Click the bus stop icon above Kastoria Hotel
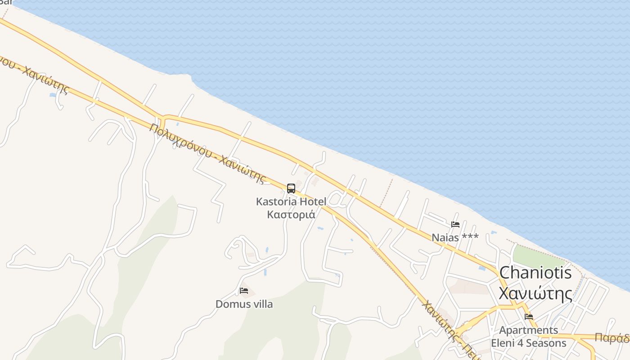tap(291, 189)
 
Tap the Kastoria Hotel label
tap(291, 202)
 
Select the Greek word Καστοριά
tap(291, 215)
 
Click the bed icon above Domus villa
tap(244, 291)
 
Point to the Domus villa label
tap(244, 304)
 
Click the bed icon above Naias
tap(455, 225)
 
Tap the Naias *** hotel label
tap(455, 238)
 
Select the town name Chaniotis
tap(535, 273)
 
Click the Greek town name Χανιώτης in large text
tap(535, 294)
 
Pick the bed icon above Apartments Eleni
tap(529, 317)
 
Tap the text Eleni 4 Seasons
tap(529, 343)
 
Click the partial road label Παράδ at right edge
tap(612, 338)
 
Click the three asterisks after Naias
tap(469, 237)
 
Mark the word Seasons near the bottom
tap(548, 343)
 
